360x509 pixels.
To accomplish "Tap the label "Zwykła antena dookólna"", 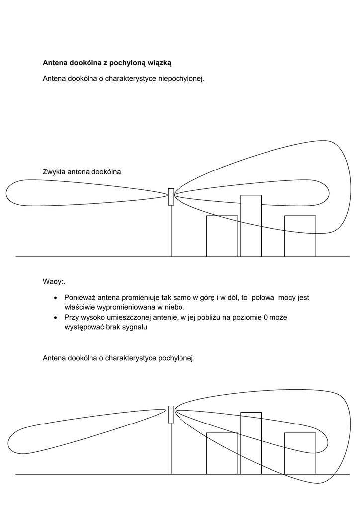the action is (x=82, y=172).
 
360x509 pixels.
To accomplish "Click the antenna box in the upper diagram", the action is (x=171, y=197).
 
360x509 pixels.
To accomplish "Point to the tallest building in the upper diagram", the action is (x=251, y=226).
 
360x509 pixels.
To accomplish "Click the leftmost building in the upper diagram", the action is (x=222, y=236).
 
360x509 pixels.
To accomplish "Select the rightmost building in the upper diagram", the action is (x=300, y=236).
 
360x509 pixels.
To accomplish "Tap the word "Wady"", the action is (x=53, y=282).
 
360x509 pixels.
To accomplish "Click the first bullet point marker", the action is (x=55, y=298).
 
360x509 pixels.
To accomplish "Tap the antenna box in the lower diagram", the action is (x=171, y=414).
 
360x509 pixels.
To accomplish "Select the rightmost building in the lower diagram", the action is (x=300, y=453).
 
